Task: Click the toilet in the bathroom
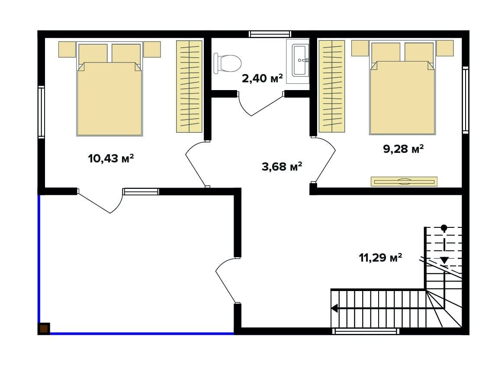(227, 63)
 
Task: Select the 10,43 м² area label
(111, 158)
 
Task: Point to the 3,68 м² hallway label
(282, 166)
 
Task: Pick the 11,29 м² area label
(380, 258)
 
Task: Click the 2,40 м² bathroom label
(262, 78)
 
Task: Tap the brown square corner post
(44, 329)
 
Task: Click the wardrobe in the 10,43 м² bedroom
(189, 86)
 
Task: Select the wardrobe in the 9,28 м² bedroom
(332, 86)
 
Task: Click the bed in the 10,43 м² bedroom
(109, 89)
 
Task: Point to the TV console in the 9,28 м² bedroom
(404, 181)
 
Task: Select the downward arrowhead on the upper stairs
(444, 260)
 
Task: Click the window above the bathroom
(270, 34)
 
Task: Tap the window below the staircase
(366, 331)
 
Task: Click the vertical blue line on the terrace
(39, 259)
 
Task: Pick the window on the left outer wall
(42, 112)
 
